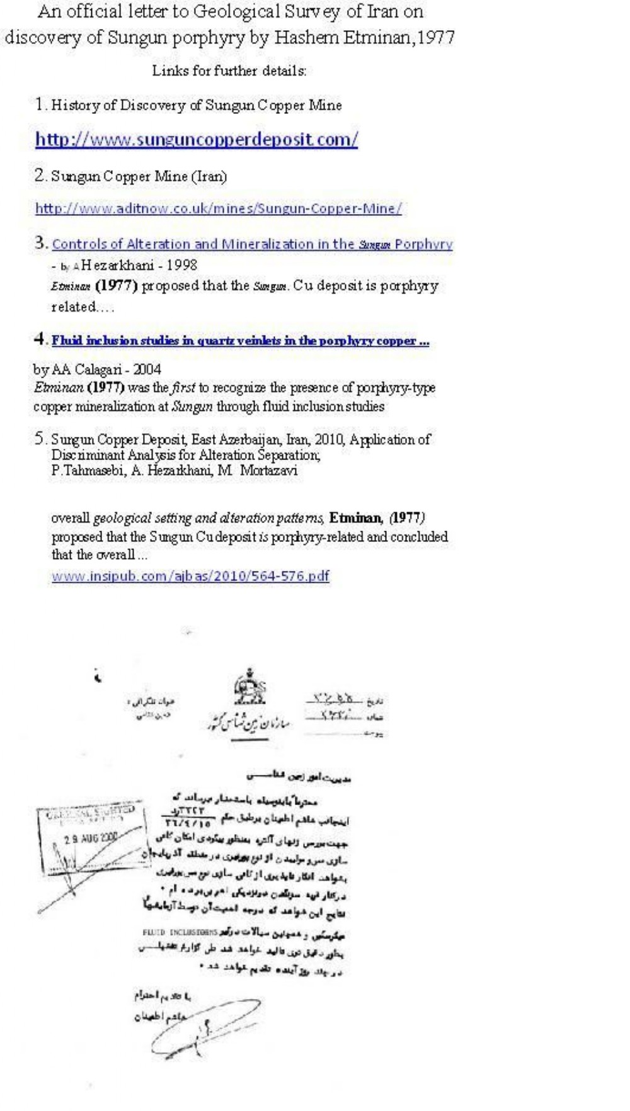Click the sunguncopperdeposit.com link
[196, 139]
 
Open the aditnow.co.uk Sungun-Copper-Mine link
[218, 208]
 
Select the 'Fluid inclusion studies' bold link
[240, 341]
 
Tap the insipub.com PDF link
[190, 575]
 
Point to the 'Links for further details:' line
[229, 70]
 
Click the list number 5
[40, 439]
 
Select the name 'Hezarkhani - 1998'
[139, 265]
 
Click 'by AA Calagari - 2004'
[97, 369]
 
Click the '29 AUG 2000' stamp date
[91, 838]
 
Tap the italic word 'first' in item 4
[184, 388]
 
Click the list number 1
[40, 104]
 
